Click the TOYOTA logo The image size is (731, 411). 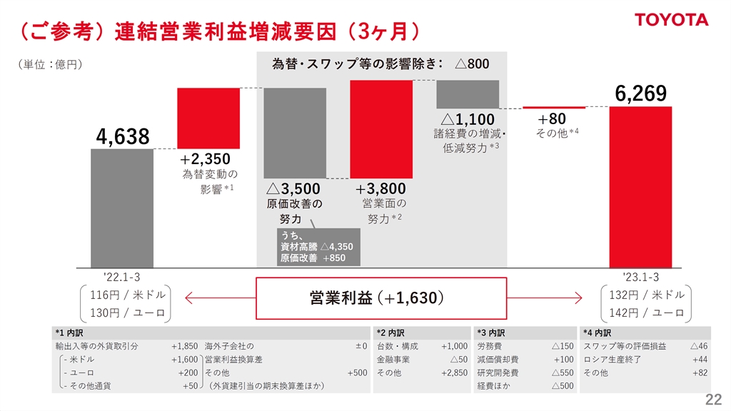(672, 19)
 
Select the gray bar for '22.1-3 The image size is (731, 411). (122, 208)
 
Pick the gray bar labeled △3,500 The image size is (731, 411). (295, 133)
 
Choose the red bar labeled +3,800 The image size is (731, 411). (381, 128)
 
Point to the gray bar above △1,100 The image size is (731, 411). (468, 93)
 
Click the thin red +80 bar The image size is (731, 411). (554, 107)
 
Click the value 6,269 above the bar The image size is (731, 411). (640, 93)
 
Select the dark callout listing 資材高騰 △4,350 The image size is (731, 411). (318, 246)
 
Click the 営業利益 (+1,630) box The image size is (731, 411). (381, 298)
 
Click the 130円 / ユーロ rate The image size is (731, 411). (128, 313)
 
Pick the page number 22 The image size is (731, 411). (713, 399)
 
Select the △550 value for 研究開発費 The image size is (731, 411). (563, 372)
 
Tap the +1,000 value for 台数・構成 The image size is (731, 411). (454, 346)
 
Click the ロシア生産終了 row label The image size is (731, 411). (612, 359)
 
